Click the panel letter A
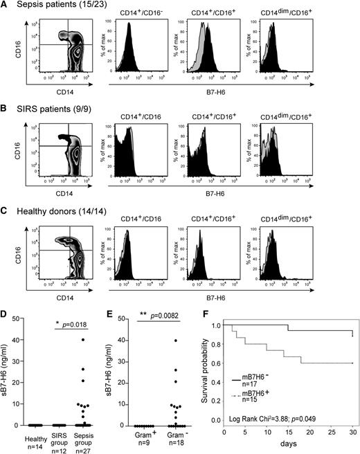(x=6, y=6)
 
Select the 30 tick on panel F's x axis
(x=352, y=433)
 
